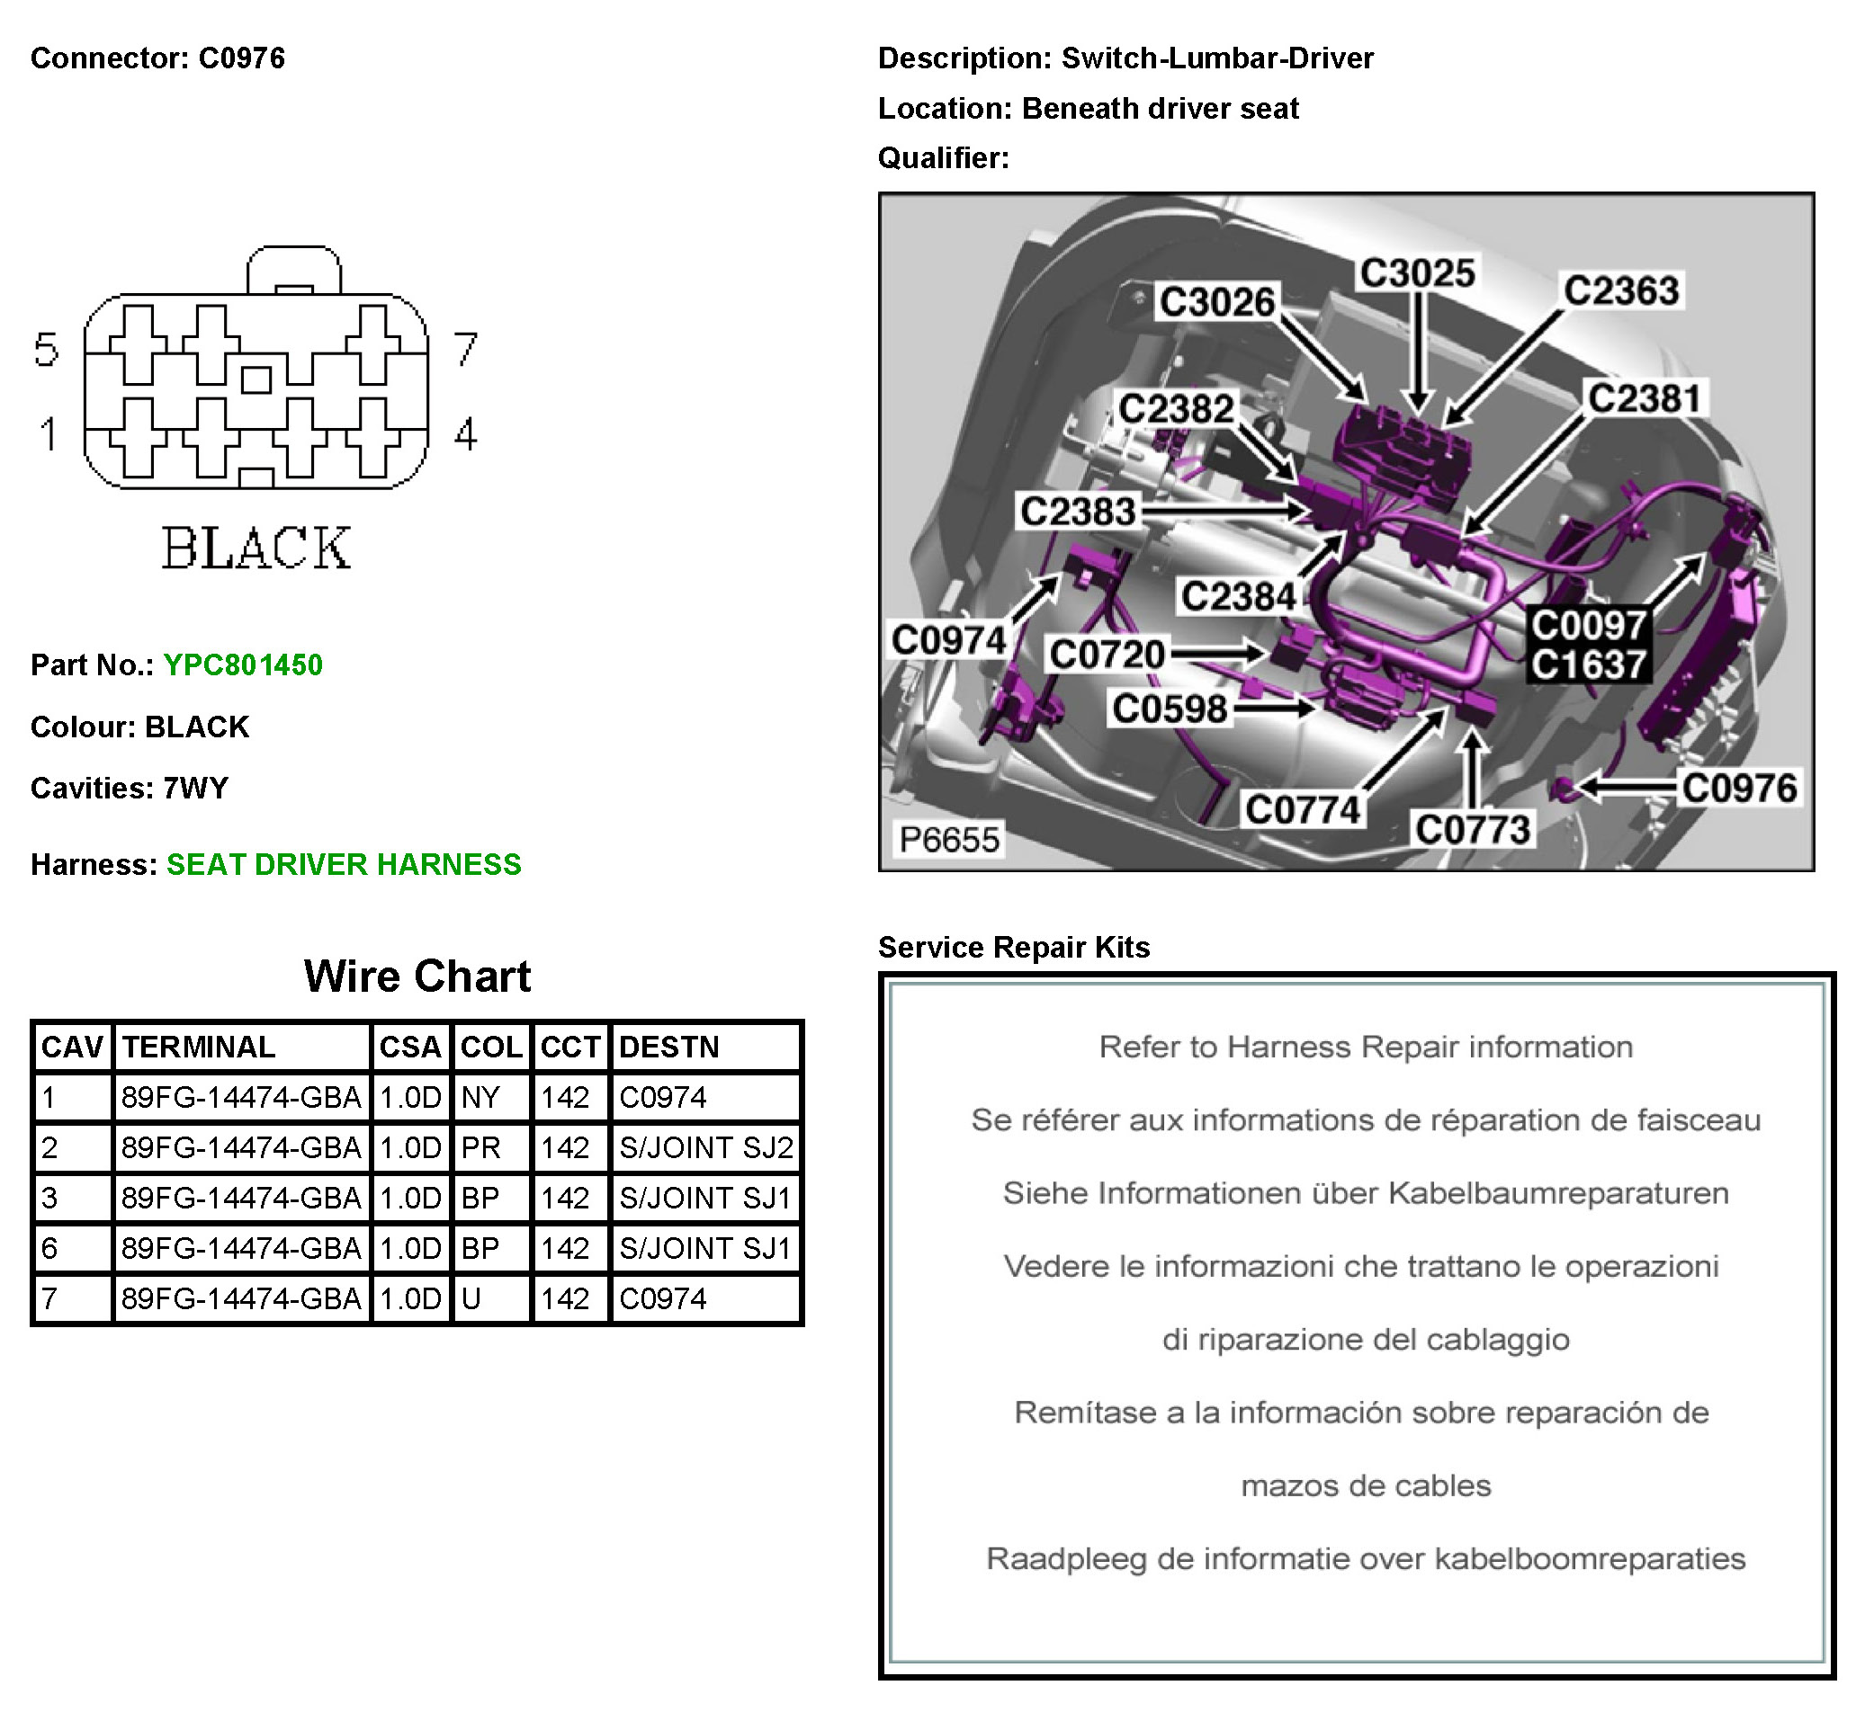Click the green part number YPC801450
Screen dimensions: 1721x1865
point(242,665)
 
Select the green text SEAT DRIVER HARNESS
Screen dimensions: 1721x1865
point(344,864)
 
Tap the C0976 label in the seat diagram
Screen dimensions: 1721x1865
point(1738,788)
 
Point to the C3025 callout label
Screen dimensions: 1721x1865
point(1417,272)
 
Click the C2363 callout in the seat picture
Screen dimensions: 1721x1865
point(1621,290)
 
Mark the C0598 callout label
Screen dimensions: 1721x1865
point(1170,709)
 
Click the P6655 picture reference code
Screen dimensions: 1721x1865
point(948,839)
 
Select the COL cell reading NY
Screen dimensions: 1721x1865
point(480,1097)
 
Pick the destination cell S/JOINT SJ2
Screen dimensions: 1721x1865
point(705,1147)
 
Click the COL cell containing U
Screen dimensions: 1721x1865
point(471,1298)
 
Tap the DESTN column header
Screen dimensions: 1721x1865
point(668,1047)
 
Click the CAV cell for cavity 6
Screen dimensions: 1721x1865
point(50,1248)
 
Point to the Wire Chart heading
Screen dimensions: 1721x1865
point(417,976)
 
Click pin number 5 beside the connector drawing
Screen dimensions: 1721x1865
point(47,350)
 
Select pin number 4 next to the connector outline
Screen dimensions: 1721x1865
point(466,434)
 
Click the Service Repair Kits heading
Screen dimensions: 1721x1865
point(1014,947)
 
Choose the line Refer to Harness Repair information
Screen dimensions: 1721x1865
point(1365,1047)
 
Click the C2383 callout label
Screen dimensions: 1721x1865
point(1078,512)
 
